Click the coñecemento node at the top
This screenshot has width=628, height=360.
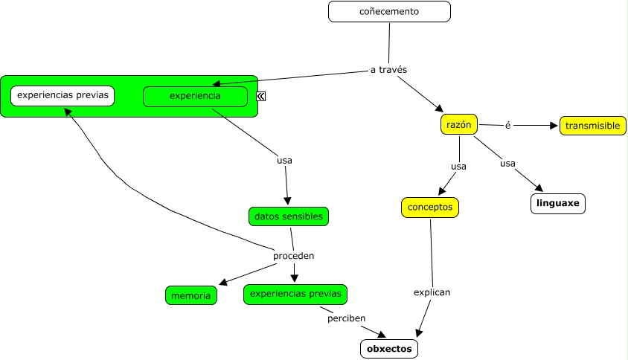[389, 12]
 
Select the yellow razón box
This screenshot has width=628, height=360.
[459, 124]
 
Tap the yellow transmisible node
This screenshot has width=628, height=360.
[592, 126]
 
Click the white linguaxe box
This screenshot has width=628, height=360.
[558, 203]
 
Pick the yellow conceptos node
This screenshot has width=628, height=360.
[430, 208]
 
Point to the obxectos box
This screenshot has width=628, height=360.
[388, 348]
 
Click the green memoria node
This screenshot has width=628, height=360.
[191, 296]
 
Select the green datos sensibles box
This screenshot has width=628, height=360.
[288, 216]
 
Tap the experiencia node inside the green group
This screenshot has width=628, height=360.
[195, 96]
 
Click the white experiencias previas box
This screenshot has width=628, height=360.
[63, 95]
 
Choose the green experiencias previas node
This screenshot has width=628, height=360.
[295, 295]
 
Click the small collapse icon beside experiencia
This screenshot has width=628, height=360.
[261, 96]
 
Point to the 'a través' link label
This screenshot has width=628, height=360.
[388, 70]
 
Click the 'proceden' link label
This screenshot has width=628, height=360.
[293, 256]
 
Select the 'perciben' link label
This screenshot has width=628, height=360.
[346, 318]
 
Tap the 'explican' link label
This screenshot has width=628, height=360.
[432, 292]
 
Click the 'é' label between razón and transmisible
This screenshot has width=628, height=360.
[507, 126]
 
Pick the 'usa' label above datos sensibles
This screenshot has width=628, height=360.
[284, 160]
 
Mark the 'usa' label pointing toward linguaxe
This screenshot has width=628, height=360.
[507, 163]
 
